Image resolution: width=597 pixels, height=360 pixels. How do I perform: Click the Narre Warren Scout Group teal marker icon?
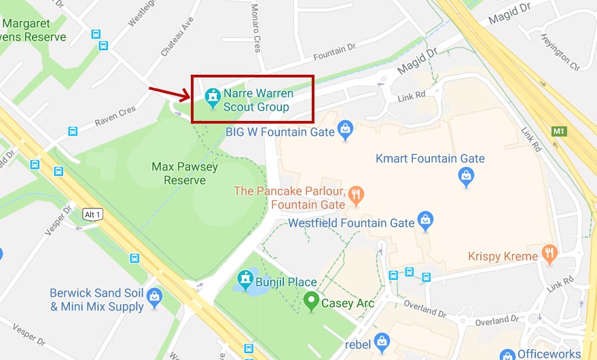pos(213,97)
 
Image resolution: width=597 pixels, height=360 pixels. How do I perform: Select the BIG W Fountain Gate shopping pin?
pos(346,128)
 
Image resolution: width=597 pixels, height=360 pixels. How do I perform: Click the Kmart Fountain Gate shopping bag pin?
pos(467,177)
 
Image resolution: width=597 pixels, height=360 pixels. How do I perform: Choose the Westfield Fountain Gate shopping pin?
pos(426,220)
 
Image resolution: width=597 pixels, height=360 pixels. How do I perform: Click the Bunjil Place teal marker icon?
pos(245,279)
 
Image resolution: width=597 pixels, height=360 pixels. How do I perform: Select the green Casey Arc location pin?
pos(312,300)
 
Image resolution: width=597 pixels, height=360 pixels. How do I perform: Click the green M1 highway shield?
pos(559,130)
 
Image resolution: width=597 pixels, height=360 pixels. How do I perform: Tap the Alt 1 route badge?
pos(92,214)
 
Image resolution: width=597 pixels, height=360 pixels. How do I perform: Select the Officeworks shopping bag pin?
pos(507,355)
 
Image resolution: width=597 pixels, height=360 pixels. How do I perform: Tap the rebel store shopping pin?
pos(382,340)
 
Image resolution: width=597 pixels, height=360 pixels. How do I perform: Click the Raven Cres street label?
pos(115,113)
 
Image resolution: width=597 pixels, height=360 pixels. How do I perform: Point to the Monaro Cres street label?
pos(256,28)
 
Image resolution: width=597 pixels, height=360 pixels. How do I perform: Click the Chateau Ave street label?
pos(177,37)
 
